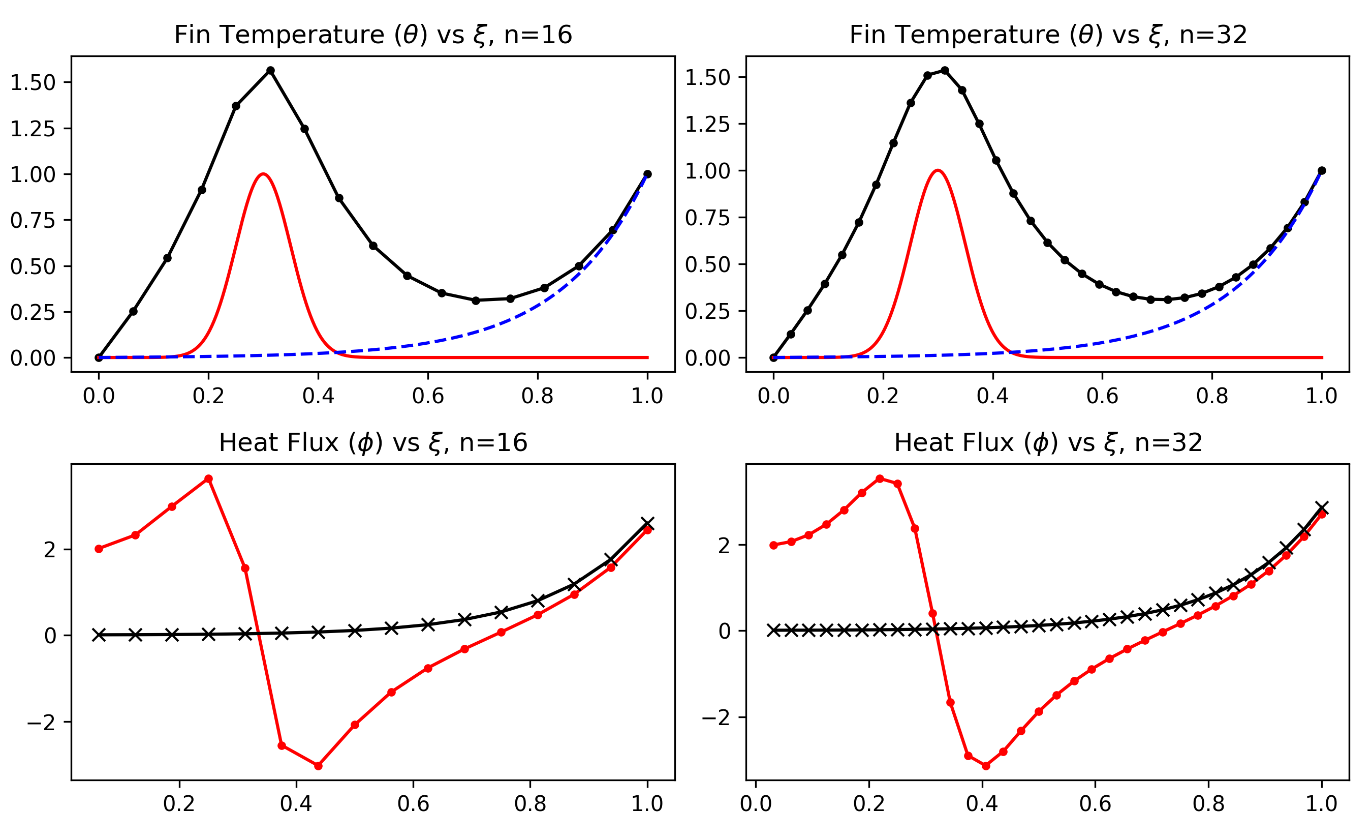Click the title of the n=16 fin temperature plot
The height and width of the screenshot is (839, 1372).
pyautogui.click(x=373, y=35)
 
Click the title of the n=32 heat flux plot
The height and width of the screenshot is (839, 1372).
pyautogui.click(x=1048, y=443)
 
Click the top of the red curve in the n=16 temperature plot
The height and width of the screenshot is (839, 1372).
pyautogui.click(x=263, y=174)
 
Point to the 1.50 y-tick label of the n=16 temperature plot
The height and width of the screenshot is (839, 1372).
pyautogui.click(x=33, y=82)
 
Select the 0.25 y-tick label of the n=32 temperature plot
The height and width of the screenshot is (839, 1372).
pyautogui.click(x=707, y=311)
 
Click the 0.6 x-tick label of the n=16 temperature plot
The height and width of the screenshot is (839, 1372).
pyautogui.click(x=428, y=396)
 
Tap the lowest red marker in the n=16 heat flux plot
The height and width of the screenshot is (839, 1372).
pyautogui.click(x=319, y=766)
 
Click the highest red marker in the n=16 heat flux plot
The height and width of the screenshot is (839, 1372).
pyautogui.click(x=209, y=479)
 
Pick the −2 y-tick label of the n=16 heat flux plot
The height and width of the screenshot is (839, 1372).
pyautogui.click(x=42, y=723)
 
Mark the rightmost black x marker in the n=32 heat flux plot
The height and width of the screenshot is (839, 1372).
pyautogui.click(x=1322, y=507)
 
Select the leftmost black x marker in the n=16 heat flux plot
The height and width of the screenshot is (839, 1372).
pyautogui.click(x=99, y=635)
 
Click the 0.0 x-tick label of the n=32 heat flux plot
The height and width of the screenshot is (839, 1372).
pyautogui.click(x=756, y=804)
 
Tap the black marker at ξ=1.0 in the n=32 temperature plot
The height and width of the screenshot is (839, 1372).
pyautogui.click(x=1322, y=170)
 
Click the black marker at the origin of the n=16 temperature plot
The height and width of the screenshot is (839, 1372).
pyautogui.click(x=99, y=357)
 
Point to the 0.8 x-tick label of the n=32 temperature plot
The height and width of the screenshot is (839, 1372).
pyautogui.click(x=1212, y=396)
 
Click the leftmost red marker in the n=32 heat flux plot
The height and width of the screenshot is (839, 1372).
pyautogui.click(x=773, y=546)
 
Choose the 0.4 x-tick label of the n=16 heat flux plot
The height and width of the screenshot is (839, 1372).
pyautogui.click(x=296, y=804)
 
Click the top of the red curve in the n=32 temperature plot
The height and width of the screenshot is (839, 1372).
pyautogui.click(x=938, y=170)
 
